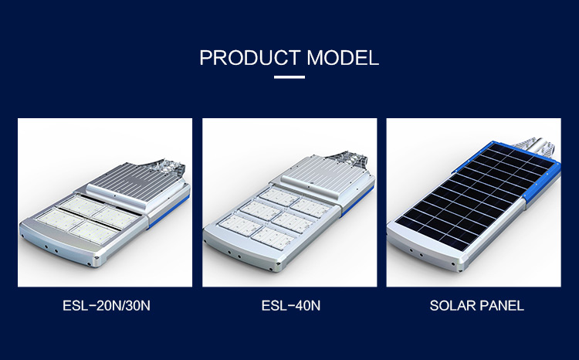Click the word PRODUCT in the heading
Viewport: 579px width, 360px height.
[249, 58]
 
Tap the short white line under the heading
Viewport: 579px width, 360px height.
[289, 76]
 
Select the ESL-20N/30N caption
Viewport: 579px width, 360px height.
[106, 306]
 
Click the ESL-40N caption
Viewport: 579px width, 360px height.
[290, 306]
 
